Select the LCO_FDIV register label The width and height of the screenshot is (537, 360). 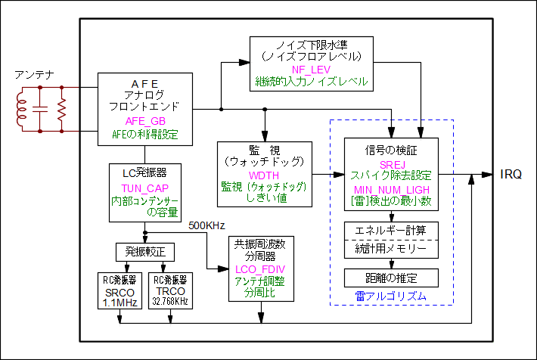(x=261, y=268)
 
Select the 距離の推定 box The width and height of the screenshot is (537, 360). (x=390, y=278)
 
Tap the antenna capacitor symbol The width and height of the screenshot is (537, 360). (x=42, y=110)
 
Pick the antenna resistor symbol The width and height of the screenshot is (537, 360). (x=62, y=110)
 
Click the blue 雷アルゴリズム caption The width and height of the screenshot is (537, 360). (x=390, y=296)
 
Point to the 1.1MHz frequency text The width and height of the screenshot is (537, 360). (x=120, y=303)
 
